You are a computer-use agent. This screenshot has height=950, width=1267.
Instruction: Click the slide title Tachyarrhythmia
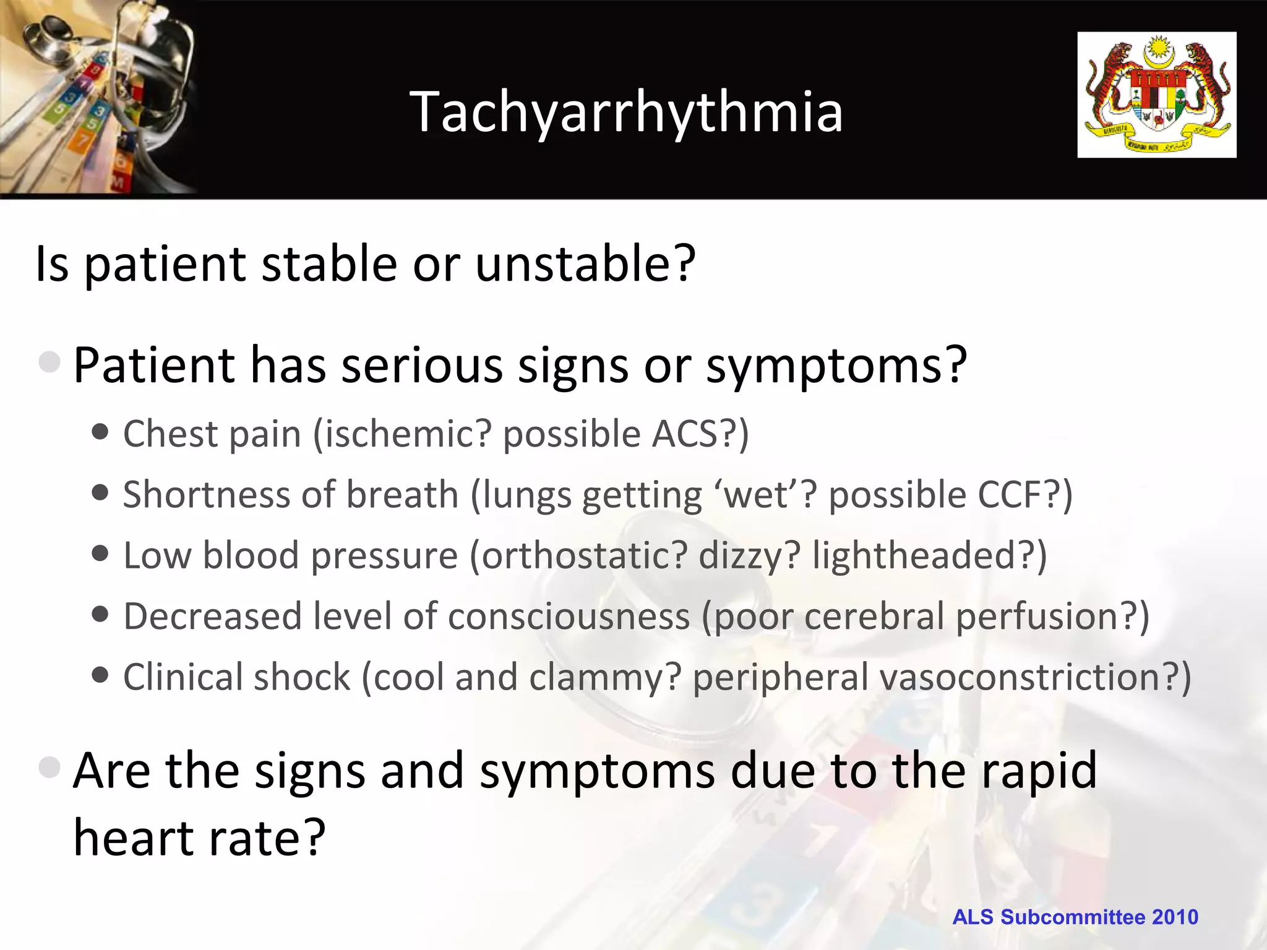click(x=626, y=111)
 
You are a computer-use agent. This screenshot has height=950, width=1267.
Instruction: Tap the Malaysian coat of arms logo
click(x=1156, y=95)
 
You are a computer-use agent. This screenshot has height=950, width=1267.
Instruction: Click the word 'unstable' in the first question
click(x=585, y=263)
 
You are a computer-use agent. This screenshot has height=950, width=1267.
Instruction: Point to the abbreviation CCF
click(x=1013, y=495)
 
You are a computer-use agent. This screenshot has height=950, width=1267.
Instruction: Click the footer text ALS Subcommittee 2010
click(x=1075, y=917)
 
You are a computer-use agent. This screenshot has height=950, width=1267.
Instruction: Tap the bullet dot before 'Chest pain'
click(x=100, y=431)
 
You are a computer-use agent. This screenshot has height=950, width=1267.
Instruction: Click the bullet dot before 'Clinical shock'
click(x=100, y=674)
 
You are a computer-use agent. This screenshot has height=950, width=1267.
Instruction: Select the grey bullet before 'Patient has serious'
click(x=49, y=362)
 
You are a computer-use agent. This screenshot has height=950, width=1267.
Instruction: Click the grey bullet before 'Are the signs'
click(x=49, y=768)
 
